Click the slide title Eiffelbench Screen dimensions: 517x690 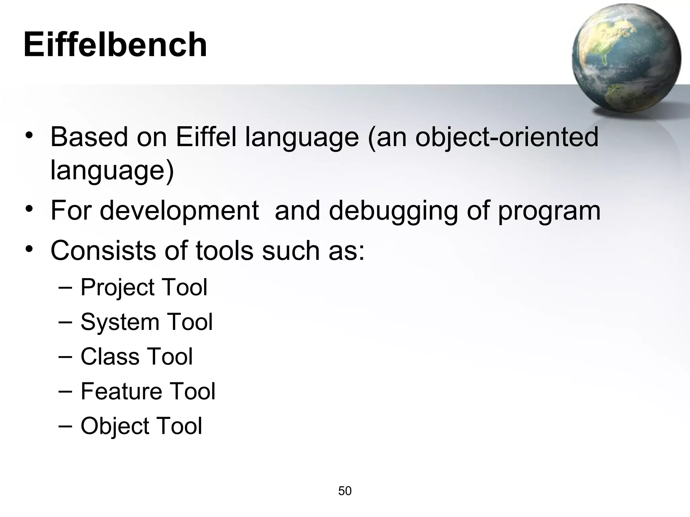tap(115, 45)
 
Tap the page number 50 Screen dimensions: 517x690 tap(345, 491)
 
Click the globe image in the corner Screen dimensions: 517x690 tap(626, 58)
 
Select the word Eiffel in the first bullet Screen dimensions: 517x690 tap(206, 137)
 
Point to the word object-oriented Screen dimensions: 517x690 tap(506, 137)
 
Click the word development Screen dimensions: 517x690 tap(179, 211)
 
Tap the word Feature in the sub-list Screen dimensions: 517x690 tap(120, 391)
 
